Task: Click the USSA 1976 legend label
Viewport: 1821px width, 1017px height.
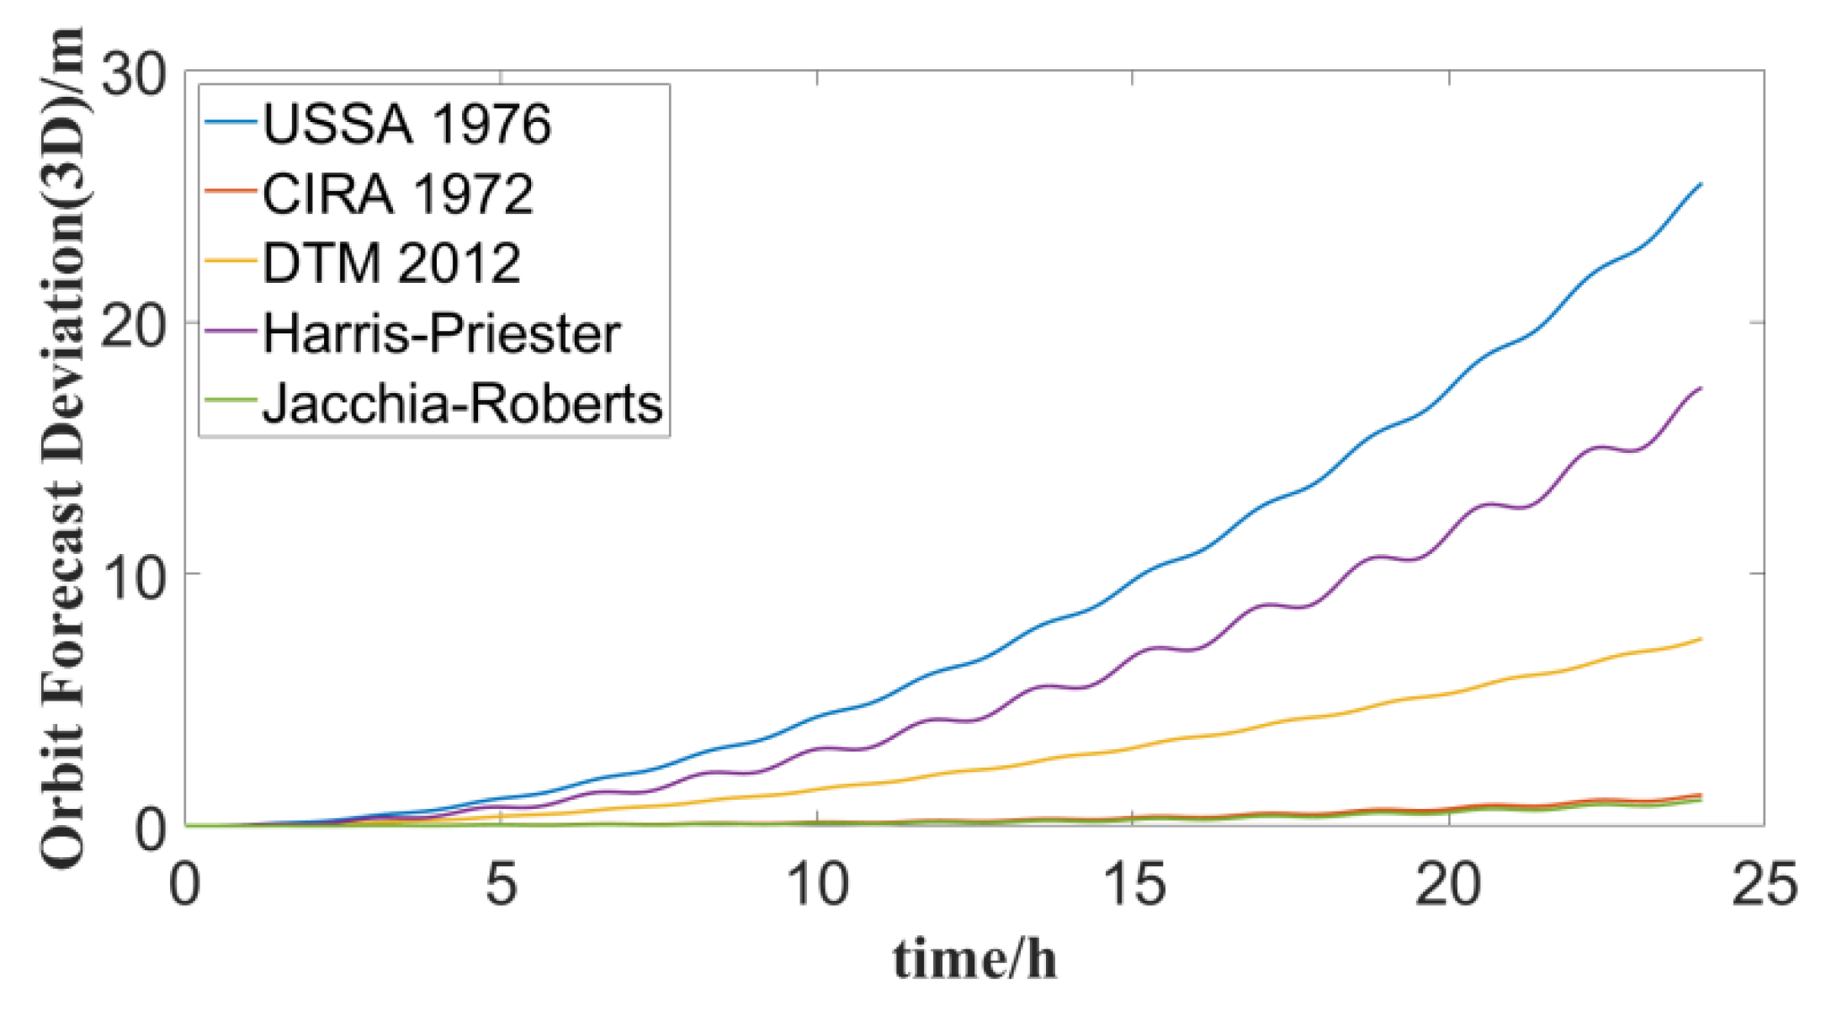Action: point(406,125)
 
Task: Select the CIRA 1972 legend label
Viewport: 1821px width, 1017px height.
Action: point(397,194)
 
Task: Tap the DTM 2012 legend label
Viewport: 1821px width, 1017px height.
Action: point(391,264)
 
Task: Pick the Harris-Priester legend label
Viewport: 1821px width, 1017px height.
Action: point(441,333)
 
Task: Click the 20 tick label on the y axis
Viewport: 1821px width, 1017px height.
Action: point(133,323)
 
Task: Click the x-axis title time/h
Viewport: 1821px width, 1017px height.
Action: point(974,960)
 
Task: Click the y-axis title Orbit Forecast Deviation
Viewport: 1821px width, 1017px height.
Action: point(63,446)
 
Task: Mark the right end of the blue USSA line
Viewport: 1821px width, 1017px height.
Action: point(1701,184)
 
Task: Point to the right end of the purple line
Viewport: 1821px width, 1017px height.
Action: point(1701,388)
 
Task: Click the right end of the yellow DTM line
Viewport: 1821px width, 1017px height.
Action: point(1701,639)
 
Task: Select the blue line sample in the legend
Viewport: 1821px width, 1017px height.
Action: point(230,123)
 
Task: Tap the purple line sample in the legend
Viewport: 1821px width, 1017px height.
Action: point(230,332)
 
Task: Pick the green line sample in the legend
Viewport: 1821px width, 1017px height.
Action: point(230,402)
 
